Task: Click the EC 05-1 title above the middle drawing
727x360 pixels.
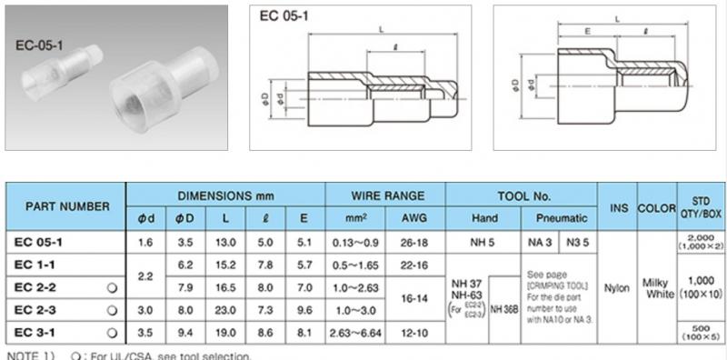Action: click(x=282, y=15)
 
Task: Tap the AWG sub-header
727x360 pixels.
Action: click(x=415, y=219)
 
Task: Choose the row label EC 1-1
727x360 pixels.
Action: click(x=37, y=264)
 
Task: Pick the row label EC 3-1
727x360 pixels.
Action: click(x=37, y=332)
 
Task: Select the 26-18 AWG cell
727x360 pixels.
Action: click(x=415, y=242)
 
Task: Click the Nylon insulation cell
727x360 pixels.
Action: click(x=618, y=286)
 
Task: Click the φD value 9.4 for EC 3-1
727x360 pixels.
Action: click(x=185, y=332)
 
